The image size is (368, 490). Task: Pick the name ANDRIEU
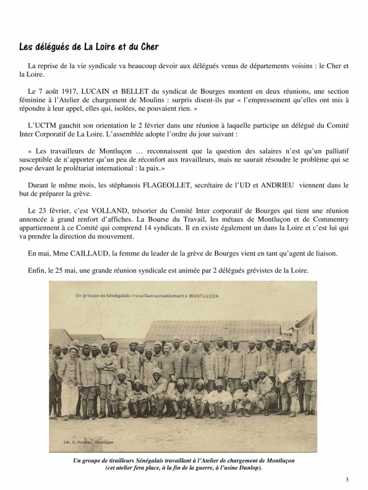click(x=280, y=184)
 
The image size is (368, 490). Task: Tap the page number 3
click(x=347, y=479)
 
